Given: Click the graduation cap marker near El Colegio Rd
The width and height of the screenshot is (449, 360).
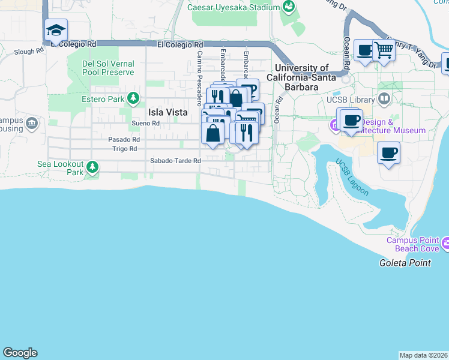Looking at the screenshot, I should click(x=56, y=31).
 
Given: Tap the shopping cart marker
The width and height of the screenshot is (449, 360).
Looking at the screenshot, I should click(x=384, y=51).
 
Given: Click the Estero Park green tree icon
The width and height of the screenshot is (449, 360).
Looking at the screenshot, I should click(x=133, y=98).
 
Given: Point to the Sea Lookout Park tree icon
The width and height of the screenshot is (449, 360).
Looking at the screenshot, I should click(x=92, y=166).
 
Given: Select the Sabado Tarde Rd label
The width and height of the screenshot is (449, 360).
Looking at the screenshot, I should click(x=175, y=161).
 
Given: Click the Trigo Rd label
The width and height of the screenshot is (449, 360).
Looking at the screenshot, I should click(x=125, y=149).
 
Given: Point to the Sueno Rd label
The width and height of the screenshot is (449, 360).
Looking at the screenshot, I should click(x=146, y=124).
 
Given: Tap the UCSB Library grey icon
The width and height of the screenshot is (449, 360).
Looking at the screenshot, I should click(x=384, y=99).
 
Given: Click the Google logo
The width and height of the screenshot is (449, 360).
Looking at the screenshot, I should click(x=20, y=353).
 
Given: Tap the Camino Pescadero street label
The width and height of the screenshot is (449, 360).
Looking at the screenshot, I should click(x=198, y=79).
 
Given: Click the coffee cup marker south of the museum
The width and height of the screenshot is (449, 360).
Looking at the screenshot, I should click(x=389, y=154).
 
